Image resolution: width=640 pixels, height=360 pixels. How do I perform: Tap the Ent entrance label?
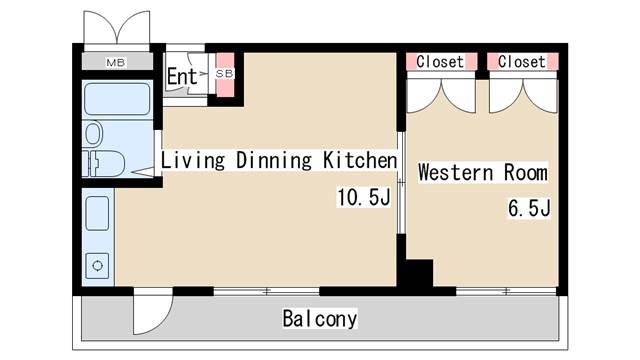click(182, 76)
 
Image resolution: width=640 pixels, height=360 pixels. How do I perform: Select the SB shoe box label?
click(224, 73)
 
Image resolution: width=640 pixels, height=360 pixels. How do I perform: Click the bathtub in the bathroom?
click(117, 99)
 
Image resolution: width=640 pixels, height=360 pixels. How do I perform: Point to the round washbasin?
click(93, 133)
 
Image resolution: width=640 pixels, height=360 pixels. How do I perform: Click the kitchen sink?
click(97, 213)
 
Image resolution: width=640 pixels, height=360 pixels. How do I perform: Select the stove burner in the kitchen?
click(97, 266)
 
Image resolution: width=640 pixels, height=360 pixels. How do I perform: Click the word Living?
click(193, 160)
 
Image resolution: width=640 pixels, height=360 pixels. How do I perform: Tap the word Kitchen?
click(360, 160)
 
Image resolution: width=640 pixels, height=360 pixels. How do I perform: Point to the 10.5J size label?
click(364, 197)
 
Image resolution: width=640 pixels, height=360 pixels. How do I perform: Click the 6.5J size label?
click(529, 208)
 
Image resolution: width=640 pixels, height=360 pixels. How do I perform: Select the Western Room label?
click(483, 172)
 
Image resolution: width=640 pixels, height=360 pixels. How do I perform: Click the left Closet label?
click(440, 62)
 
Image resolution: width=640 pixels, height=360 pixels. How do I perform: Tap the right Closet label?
click(522, 62)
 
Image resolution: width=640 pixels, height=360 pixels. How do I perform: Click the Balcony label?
click(320, 318)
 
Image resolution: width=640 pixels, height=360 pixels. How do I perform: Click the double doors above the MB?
click(117, 27)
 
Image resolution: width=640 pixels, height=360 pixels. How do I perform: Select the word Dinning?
click(274, 160)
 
